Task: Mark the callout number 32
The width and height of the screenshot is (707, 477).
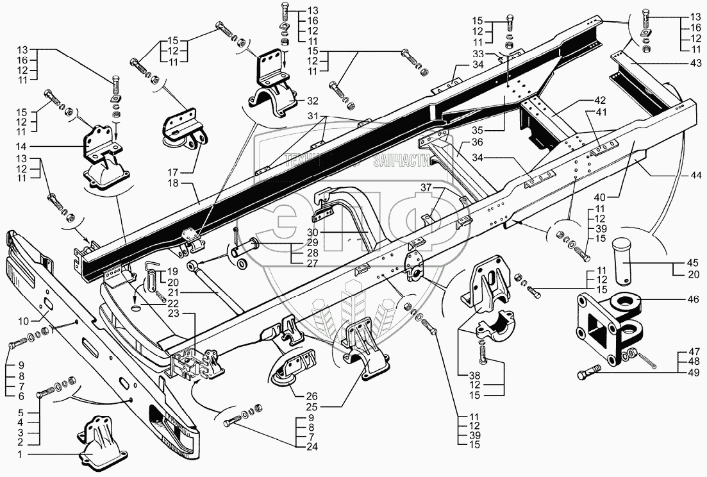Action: pos(312,101)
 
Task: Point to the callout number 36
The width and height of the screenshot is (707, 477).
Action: pos(477,142)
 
